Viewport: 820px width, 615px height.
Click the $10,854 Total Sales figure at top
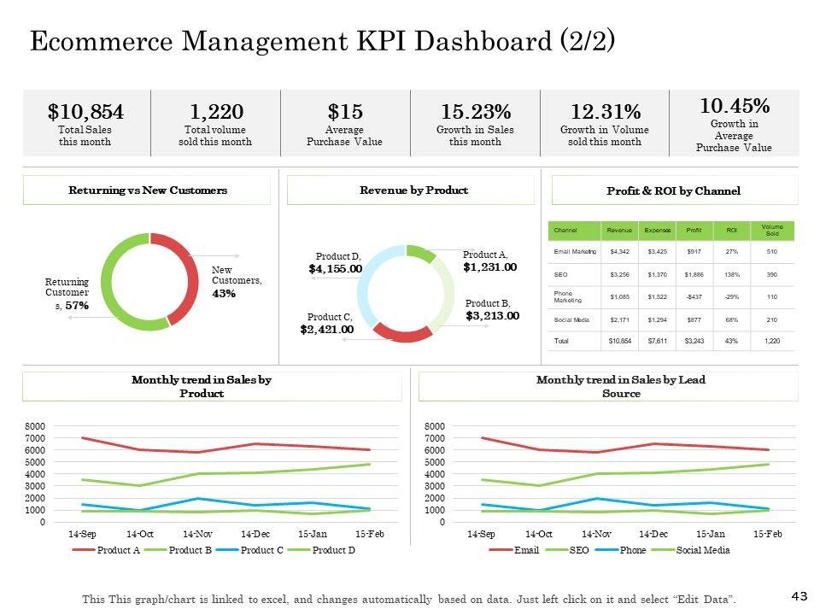(85, 112)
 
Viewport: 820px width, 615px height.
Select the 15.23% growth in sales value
(475, 112)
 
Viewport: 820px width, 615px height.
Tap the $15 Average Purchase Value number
(345, 112)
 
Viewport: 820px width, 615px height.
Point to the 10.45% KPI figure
(734, 106)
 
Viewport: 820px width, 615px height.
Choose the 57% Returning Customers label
(77, 305)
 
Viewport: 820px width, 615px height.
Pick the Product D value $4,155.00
(335, 269)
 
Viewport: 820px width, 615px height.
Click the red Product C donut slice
(401, 332)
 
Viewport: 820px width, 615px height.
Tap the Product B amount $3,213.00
(492, 316)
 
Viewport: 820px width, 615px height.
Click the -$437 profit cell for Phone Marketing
(694, 296)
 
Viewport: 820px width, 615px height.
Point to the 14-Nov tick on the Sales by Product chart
(198, 534)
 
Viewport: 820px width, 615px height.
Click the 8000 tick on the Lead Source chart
(435, 426)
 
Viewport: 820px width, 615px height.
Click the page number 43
(799, 594)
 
